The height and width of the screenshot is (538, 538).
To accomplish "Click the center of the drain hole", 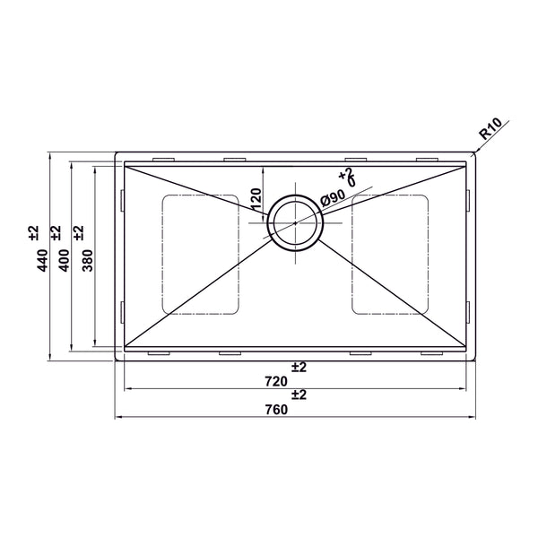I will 295,222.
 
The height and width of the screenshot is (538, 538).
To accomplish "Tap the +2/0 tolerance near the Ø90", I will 348,177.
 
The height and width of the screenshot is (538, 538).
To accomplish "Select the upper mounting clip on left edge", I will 120,200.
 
